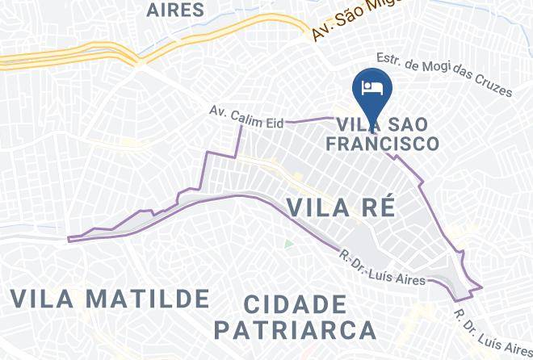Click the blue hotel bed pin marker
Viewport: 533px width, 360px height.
(372, 90)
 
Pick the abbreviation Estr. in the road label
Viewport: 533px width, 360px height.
(390, 59)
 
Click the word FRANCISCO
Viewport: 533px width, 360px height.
(381, 144)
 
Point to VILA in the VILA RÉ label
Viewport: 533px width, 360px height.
(316, 207)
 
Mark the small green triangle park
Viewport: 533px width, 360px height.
(288, 243)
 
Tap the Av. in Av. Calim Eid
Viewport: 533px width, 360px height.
(218, 111)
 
